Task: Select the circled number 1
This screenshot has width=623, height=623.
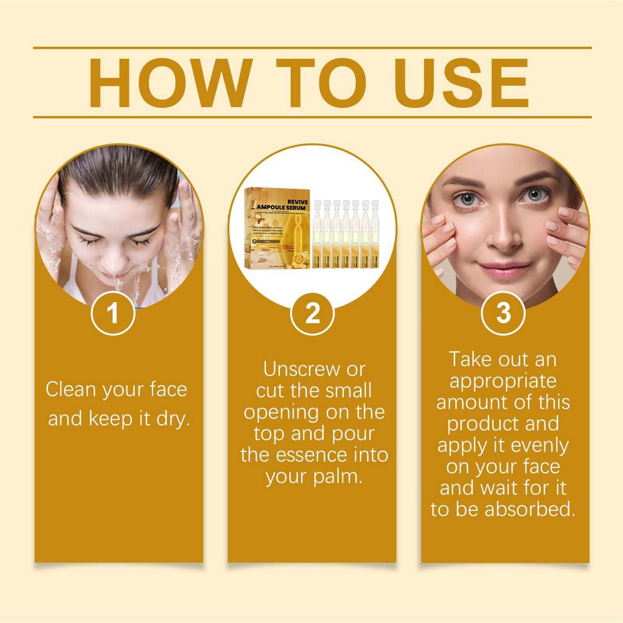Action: click(x=113, y=315)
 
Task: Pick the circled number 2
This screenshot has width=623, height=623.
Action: click(x=312, y=315)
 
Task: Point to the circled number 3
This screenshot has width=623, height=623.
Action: click(x=504, y=313)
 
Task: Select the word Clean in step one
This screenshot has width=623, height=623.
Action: click(x=72, y=390)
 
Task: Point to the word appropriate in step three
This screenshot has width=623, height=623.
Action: click(x=503, y=381)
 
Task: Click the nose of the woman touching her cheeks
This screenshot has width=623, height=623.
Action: click(x=503, y=234)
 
